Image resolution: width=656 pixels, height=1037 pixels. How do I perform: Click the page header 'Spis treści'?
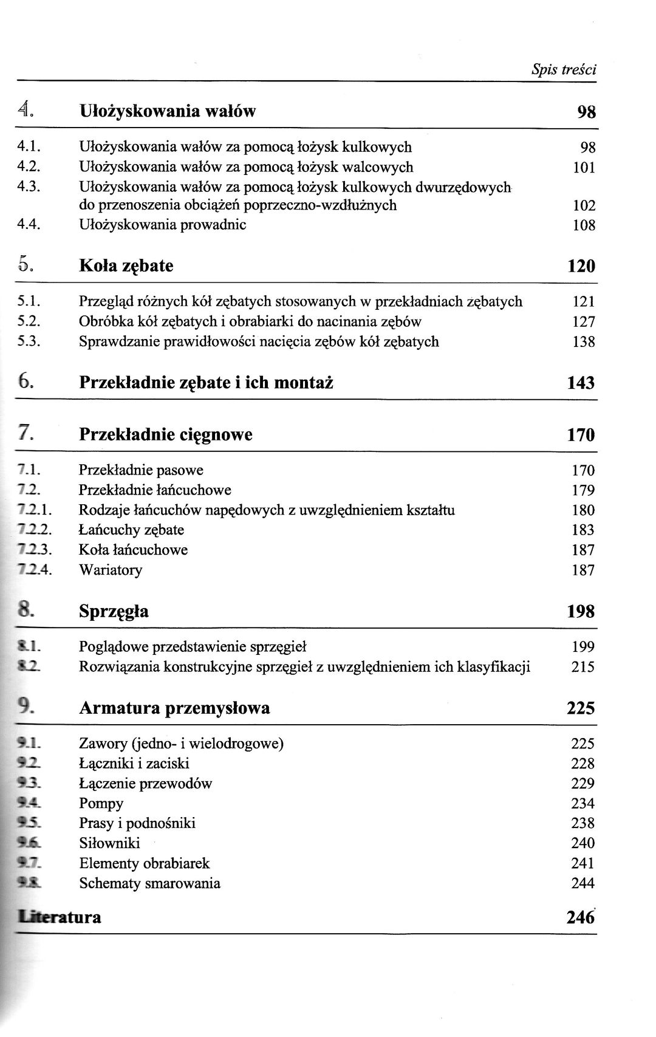(564, 69)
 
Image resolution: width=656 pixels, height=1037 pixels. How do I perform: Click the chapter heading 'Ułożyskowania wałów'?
(168, 111)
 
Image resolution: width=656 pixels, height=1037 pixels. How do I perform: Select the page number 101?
(584, 167)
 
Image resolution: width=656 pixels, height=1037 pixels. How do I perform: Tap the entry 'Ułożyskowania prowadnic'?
(163, 225)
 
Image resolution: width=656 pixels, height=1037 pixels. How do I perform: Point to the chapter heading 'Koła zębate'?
(126, 266)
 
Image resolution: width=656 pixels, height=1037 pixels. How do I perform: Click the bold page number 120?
(581, 266)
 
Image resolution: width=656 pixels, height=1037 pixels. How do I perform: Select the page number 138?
(584, 342)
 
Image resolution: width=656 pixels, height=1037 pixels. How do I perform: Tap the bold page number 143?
(581, 383)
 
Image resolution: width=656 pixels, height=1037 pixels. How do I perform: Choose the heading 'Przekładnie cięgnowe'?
(166, 434)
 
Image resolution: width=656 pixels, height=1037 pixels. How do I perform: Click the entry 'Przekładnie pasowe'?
(141, 470)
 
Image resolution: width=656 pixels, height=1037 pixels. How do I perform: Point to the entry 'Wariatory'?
(111, 570)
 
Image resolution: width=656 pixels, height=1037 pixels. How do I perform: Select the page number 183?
(583, 530)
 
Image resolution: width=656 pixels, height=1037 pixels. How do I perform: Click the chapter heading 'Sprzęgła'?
(114, 611)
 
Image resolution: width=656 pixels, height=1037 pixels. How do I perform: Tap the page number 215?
(583, 667)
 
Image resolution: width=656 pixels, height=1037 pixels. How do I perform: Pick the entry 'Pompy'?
(101, 804)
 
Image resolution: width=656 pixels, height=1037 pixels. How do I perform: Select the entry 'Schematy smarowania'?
(149, 883)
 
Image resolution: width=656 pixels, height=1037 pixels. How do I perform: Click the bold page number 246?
(580, 917)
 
